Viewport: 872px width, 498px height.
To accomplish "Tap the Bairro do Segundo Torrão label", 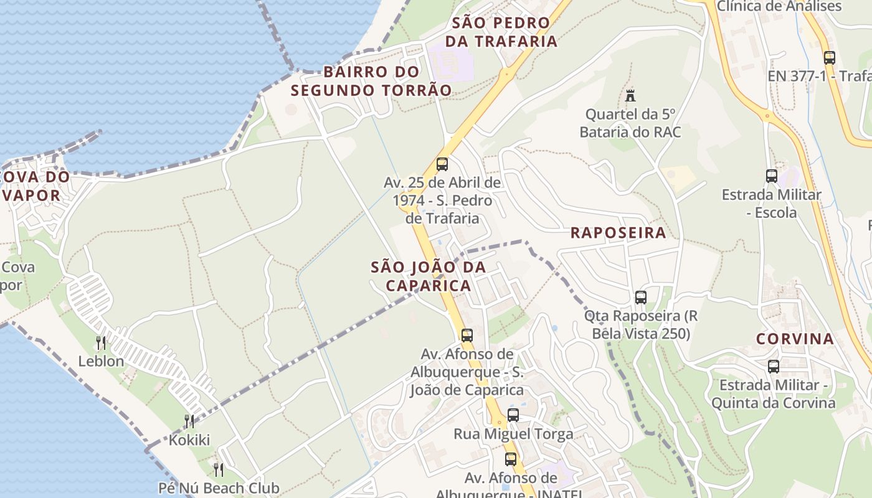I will (x=371, y=81).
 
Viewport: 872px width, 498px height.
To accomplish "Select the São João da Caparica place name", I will (x=428, y=276).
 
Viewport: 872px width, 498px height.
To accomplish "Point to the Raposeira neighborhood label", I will (x=618, y=233).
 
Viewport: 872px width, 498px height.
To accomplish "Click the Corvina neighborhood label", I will (x=795, y=339).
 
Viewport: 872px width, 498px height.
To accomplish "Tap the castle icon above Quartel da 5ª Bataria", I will (x=630, y=96).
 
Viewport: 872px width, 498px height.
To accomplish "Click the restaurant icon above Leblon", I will (x=100, y=342).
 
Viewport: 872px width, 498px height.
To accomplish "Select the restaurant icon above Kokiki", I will (x=189, y=421).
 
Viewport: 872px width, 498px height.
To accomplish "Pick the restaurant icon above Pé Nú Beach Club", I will (x=218, y=469).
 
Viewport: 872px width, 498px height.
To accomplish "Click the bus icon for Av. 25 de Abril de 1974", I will (x=442, y=164).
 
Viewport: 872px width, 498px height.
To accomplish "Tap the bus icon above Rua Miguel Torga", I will (x=513, y=415).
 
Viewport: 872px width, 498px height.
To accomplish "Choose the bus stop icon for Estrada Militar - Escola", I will (x=771, y=176).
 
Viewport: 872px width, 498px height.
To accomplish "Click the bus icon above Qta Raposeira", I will (x=640, y=298).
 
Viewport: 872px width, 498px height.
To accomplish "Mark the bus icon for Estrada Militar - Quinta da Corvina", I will (x=773, y=367).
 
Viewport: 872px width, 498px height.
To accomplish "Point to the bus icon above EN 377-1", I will (x=829, y=58).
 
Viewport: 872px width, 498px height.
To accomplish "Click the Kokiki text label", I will (x=189, y=440).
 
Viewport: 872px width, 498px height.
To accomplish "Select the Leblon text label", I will (x=101, y=361).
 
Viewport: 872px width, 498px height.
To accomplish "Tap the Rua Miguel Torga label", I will (x=513, y=434).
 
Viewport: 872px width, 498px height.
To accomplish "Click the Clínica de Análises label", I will (x=779, y=6).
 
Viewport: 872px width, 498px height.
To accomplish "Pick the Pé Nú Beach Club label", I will (x=219, y=488).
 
